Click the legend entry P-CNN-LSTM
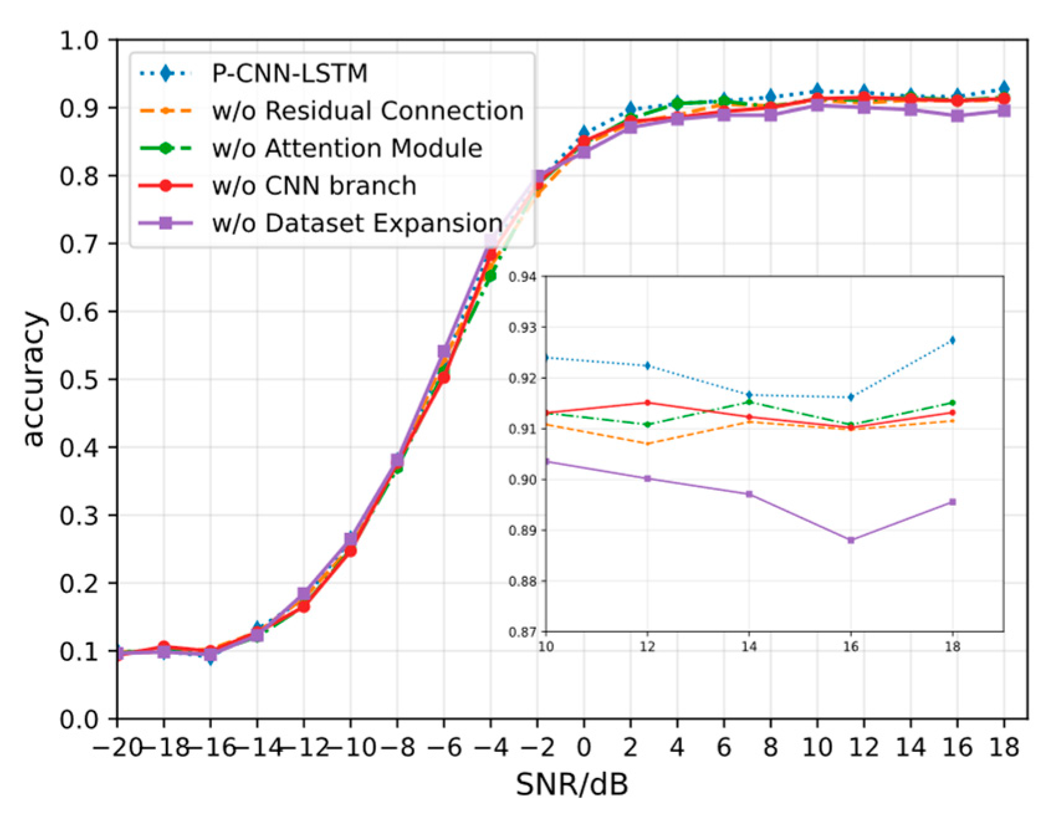tap(289, 74)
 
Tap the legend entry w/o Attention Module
tap(347, 149)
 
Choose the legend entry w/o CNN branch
tap(314, 186)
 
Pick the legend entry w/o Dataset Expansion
tap(357, 223)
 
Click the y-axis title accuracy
tap(34, 379)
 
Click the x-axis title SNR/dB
tap(571, 785)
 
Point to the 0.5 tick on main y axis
tap(88, 379)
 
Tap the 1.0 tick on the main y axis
tap(88, 40)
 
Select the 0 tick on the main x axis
tap(583, 746)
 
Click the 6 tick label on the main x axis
tap(724, 746)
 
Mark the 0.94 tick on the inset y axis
tap(522, 277)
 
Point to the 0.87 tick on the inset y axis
tap(522, 632)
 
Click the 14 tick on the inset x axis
tap(749, 647)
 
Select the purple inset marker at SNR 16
tap(851, 540)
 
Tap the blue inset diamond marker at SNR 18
tap(952, 341)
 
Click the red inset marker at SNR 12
tap(648, 403)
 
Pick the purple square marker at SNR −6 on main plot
tap(444, 352)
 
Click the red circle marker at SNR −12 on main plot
tap(304, 606)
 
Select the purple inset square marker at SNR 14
tap(749, 494)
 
